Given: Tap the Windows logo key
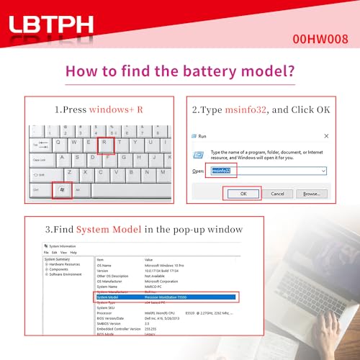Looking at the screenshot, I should pyautogui.click(x=63, y=190).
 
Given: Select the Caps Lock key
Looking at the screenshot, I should pyautogui.click(x=39, y=159).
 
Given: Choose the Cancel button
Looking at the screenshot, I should pyautogui.click(x=277, y=193).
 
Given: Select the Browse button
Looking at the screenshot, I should pyautogui.click(x=311, y=193).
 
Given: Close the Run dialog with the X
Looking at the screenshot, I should pyautogui.click(x=326, y=135).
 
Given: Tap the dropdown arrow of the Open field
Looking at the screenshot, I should pyautogui.click(x=324, y=171).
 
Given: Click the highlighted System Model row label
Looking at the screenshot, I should pyautogui.click(x=109, y=297).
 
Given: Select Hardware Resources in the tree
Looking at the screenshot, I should pyautogui.click(x=66, y=265).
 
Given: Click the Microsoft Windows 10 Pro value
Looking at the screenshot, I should pyautogui.click(x=171, y=265).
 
